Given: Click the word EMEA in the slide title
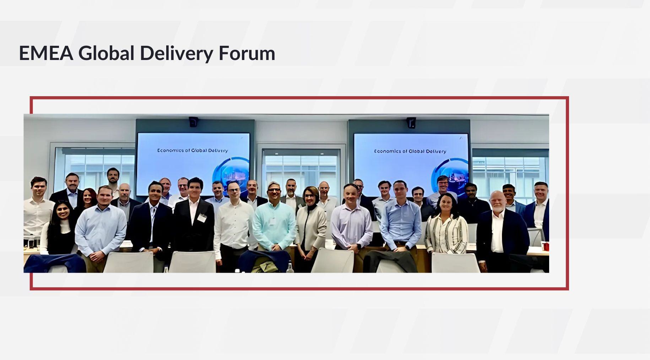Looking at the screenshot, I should click(x=46, y=53).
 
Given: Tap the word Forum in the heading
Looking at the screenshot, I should click(x=247, y=53).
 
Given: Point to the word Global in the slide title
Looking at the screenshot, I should click(x=106, y=53).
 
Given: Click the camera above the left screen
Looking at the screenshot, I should click(x=193, y=121).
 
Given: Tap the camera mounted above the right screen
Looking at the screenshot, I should click(x=411, y=122).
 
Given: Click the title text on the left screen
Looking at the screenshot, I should click(x=193, y=151).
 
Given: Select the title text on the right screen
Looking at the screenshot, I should click(x=410, y=151).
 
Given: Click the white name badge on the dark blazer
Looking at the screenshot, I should click(x=202, y=218).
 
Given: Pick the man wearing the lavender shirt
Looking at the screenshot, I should click(x=351, y=220).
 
